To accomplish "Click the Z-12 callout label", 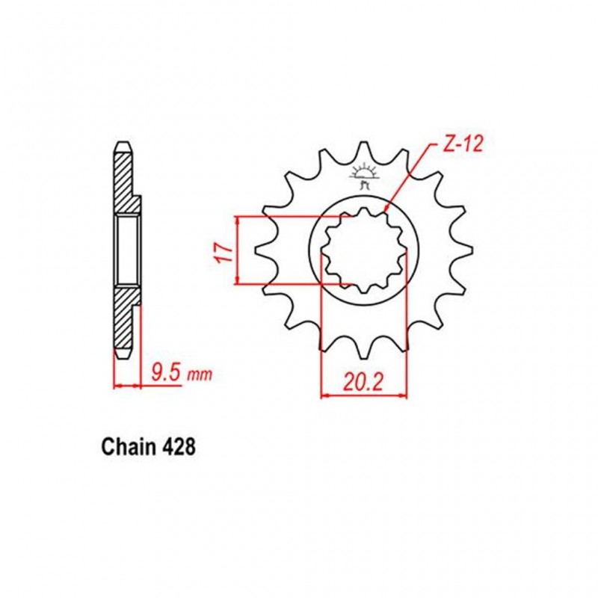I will [462, 144].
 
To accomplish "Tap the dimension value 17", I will [221, 251].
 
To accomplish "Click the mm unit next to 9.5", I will [199, 373].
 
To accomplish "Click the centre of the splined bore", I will [364, 250].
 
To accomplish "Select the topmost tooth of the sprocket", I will [364, 149].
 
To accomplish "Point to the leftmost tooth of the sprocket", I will [261, 250].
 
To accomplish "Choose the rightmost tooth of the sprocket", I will [467, 250].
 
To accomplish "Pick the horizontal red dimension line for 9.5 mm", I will [126, 386].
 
